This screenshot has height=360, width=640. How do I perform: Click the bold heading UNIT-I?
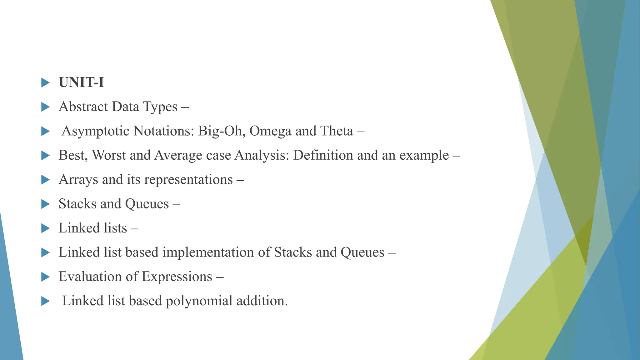[81, 82]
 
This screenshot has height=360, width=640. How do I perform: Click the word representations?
[188, 180]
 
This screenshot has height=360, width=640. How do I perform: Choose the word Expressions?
[177, 277]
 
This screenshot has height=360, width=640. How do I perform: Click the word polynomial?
[199, 301]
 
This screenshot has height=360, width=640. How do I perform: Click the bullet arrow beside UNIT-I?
[45, 83]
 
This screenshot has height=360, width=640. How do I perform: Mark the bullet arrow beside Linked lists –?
[45, 228]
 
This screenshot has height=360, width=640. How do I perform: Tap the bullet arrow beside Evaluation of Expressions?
[45, 277]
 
